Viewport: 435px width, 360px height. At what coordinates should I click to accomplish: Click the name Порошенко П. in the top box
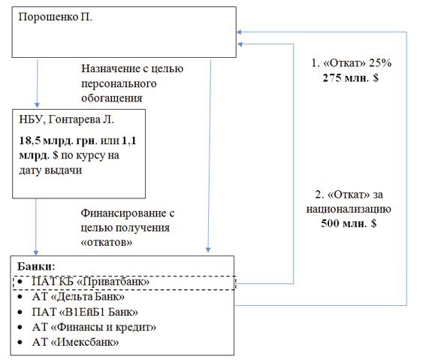[x=55, y=17]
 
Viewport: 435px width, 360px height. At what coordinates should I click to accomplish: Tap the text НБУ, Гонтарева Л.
[x=67, y=119]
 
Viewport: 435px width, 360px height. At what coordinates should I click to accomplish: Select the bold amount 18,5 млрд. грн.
[x=58, y=141]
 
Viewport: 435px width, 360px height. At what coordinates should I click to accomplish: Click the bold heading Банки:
[x=36, y=267]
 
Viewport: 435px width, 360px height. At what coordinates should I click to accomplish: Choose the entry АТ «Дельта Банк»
[x=78, y=297]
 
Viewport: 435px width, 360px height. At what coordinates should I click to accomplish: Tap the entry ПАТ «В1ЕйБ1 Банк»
[x=85, y=312]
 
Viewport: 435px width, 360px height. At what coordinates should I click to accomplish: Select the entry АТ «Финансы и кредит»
[x=94, y=327]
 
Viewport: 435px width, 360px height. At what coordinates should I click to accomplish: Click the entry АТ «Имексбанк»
[x=75, y=342]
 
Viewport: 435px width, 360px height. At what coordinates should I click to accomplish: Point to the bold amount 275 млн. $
[x=351, y=78]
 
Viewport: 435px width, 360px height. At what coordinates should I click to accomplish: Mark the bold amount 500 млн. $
[x=349, y=223]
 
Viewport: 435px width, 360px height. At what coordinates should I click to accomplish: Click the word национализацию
[x=349, y=209]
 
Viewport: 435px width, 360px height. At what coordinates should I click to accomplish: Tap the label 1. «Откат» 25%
[x=351, y=63]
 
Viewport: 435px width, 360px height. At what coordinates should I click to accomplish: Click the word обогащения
[x=112, y=98]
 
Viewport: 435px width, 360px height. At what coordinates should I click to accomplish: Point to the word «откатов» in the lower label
[x=107, y=242]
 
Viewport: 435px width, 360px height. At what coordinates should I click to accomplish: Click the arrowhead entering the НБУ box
[x=37, y=105]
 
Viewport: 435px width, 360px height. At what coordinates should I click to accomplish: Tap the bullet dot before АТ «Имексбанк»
[x=20, y=343]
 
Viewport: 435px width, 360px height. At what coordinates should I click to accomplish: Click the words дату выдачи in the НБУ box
[x=50, y=170]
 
